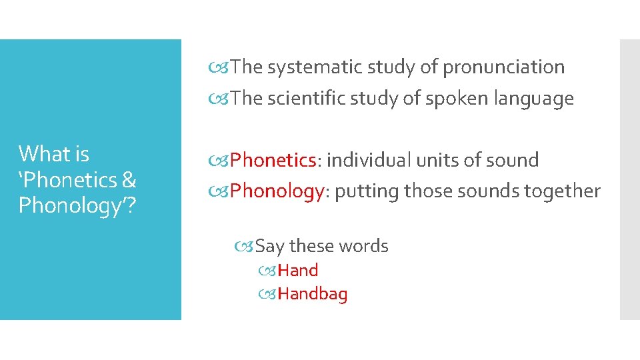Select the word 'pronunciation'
503,67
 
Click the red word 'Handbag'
312,294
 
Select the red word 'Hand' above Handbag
297,270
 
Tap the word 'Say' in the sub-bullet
270,246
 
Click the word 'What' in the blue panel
44,154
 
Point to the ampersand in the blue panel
129,180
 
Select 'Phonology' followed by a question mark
74,205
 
